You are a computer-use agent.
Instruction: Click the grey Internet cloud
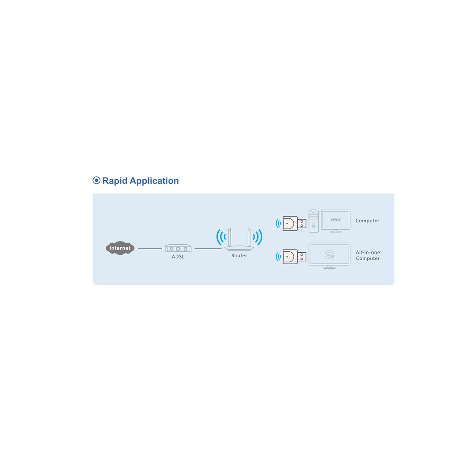tap(120, 248)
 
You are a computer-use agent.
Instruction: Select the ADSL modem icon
tap(178, 248)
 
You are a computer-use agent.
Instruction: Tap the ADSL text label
tap(178, 257)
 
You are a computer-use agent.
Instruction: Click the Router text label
tap(239, 255)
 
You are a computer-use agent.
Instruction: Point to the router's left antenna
tap(229, 237)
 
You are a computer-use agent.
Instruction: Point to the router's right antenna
tap(249, 237)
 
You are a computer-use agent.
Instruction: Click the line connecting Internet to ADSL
tap(149, 249)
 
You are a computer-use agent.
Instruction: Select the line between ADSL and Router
tap(208, 249)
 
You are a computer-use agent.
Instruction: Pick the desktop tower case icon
tap(314, 221)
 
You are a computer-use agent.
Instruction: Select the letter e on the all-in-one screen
tap(330, 254)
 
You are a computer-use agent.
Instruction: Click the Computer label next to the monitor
tap(367, 221)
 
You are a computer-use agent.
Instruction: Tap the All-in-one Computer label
tap(368, 255)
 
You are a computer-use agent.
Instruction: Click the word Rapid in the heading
tap(115, 181)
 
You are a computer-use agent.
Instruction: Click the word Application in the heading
tap(154, 181)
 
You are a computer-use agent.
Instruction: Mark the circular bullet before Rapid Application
tap(97, 180)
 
